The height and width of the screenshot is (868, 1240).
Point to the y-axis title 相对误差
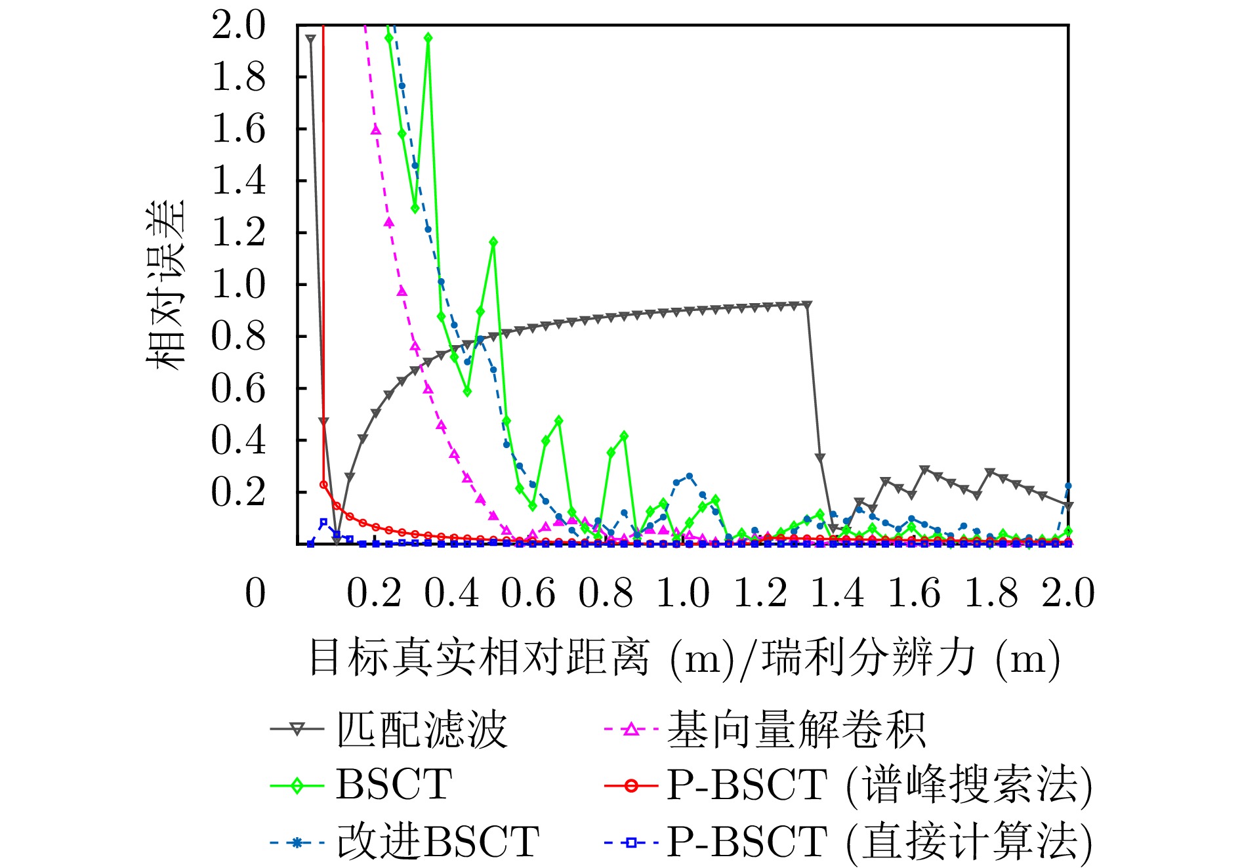tap(165, 285)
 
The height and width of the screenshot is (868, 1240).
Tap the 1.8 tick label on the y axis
tap(238, 77)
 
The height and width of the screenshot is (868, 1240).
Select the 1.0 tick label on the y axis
tap(238, 285)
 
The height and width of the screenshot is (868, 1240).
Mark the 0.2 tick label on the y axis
tap(238, 492)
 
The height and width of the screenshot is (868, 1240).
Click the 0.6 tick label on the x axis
tap(528, 593)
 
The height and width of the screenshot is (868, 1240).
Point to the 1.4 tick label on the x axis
tap(837, 593)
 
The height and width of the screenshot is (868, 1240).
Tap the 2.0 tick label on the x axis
tap(1068, 593)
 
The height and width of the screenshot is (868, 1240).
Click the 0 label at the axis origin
tap(255, 593)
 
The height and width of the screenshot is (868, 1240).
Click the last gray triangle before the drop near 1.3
tap(807, 305)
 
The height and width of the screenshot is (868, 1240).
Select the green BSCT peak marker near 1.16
tap(493, 242)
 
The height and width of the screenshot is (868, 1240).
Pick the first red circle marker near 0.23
tap(323, 484)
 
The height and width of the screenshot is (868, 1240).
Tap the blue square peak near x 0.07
tap(323, 522)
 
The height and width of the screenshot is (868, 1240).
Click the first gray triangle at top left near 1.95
tap(310, 39)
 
